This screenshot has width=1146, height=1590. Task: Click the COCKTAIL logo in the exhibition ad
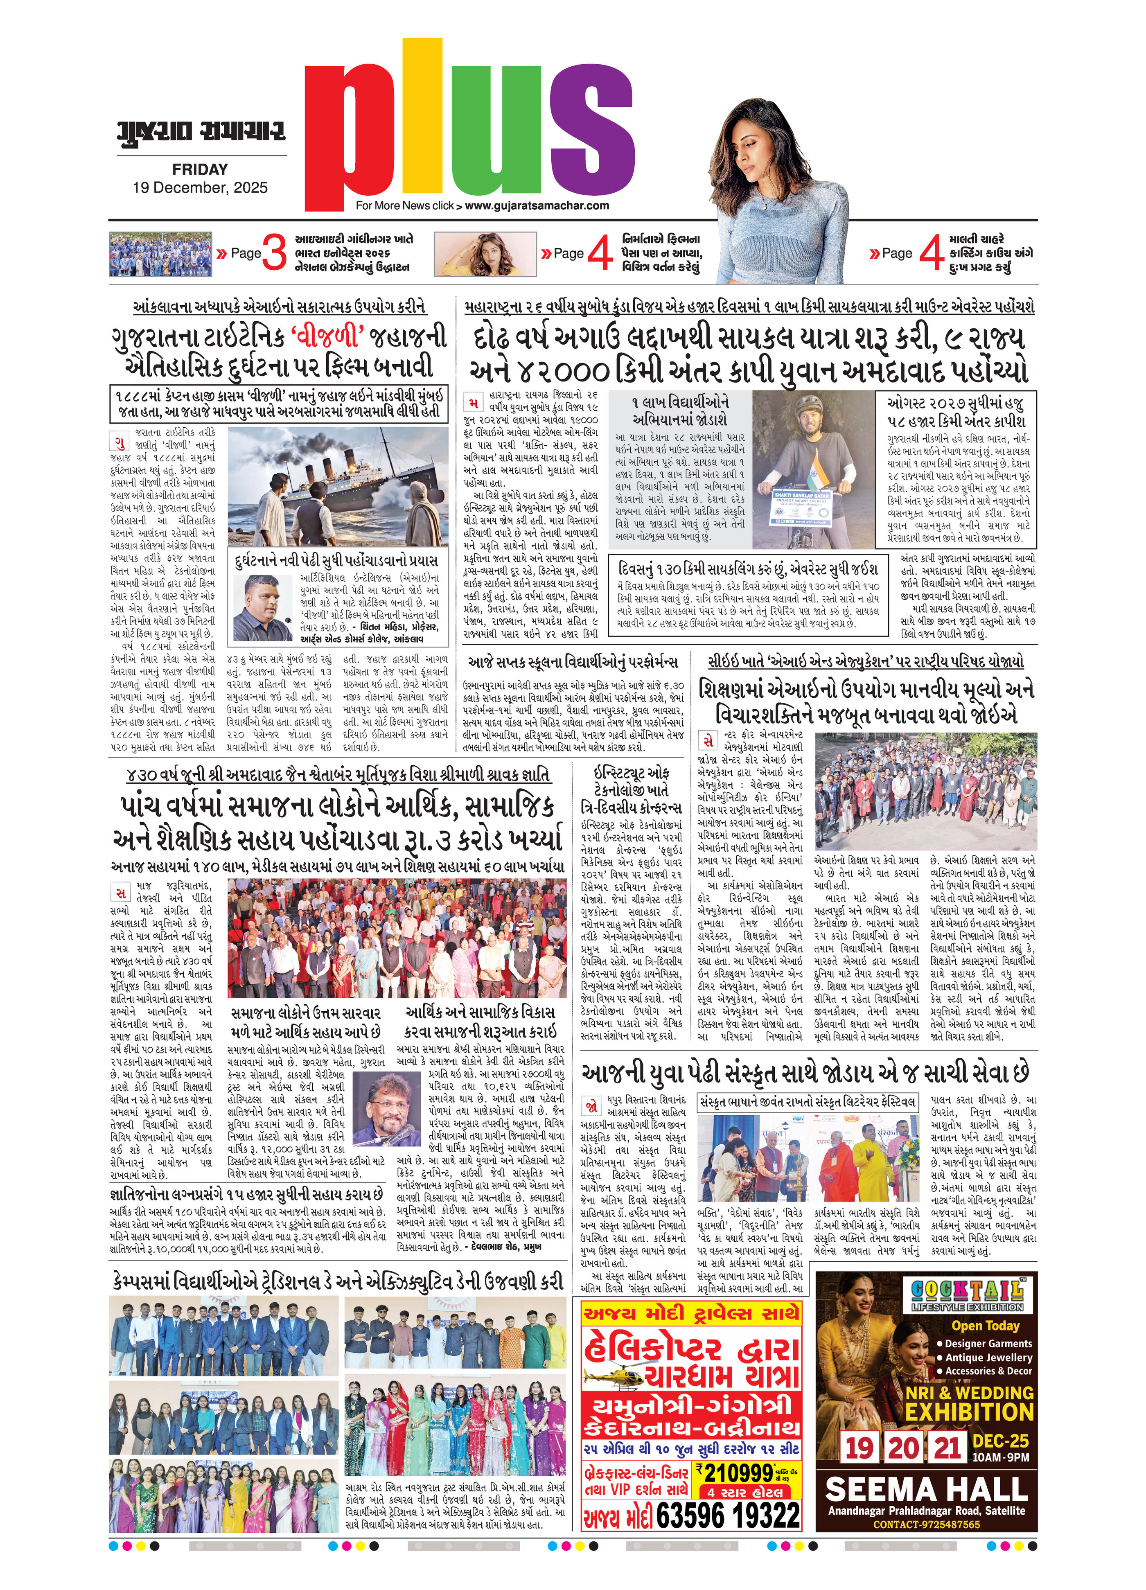(967, 1291)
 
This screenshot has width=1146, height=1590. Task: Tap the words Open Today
(985, 1325)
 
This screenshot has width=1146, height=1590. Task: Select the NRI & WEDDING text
(969, 1392)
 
